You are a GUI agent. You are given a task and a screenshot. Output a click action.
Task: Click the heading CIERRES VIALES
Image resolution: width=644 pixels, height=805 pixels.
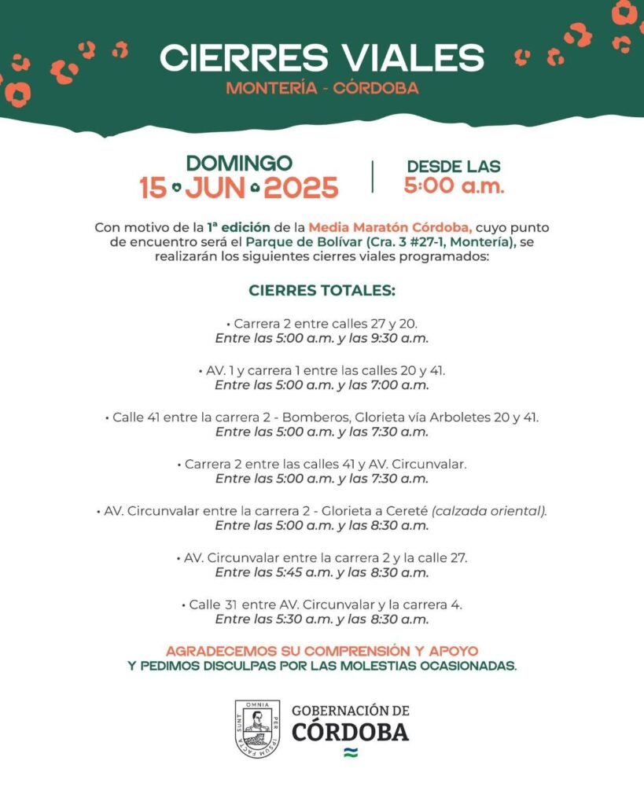tap(322, 57)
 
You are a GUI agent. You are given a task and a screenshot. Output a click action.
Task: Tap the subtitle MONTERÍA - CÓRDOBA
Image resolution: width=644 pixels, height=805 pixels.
tap(322, 88)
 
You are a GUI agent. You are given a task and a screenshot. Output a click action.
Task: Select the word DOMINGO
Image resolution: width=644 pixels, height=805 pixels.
tap(239, 164)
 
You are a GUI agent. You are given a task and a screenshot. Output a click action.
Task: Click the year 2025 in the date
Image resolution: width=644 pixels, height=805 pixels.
tap(301, 189)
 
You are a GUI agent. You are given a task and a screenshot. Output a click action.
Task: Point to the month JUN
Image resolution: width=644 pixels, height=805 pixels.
tap(216, 189)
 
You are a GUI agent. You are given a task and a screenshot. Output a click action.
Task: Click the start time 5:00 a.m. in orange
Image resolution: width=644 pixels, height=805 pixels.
tap(454, 186)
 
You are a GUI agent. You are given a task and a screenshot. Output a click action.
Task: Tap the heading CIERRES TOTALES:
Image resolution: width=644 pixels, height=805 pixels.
tap(322, 290)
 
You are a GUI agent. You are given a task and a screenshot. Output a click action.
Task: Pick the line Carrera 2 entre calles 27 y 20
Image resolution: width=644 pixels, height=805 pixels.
tap(322, 323)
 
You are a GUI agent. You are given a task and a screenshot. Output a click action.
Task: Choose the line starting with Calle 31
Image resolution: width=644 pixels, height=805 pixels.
tap(322, 605)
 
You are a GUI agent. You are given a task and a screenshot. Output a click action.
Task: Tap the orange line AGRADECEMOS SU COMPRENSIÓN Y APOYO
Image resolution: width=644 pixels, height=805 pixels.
tap(322, 651)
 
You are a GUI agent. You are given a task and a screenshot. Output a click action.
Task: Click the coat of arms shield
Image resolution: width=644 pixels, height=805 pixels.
tap(256, 730)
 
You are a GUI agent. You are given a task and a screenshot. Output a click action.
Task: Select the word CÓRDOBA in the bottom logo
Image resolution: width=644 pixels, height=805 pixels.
tap(350, 732)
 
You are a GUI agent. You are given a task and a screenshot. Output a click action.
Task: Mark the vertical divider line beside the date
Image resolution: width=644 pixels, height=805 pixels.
tap(372, 177)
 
